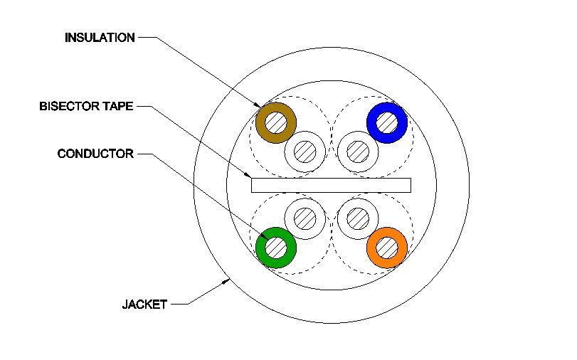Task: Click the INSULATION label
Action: (100, 38)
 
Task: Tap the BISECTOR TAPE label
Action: (86, 107)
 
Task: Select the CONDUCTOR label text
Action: (95, 153)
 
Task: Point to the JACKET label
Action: (144, 305)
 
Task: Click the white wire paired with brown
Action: (305, 151)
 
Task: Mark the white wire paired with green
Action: (305, 218)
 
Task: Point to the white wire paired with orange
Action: (358, 218)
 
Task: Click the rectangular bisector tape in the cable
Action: (331, 185)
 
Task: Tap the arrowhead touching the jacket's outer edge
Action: (226, 284)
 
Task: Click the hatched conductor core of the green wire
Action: (276, 248)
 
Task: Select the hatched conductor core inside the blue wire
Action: (387, 122)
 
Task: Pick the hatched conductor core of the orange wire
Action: (387, 248)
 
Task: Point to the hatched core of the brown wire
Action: (276, 122)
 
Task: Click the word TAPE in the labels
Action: (117, 107)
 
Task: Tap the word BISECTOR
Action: (70, 107)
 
